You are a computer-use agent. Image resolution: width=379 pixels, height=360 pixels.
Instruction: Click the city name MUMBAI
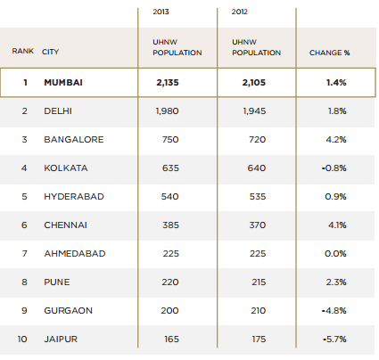(63, 83)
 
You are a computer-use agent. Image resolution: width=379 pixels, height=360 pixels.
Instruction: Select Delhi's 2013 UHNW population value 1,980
(168, 111)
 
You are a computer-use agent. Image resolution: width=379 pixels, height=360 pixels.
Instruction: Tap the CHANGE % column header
(329, 53)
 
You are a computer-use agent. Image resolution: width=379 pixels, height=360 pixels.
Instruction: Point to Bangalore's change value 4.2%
(336, 140)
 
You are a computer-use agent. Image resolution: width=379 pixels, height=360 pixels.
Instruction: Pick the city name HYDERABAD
(74, 197)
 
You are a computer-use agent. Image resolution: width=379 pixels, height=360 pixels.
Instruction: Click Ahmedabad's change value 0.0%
(336, 254)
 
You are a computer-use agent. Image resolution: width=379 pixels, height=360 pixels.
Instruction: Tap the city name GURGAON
(69, 311)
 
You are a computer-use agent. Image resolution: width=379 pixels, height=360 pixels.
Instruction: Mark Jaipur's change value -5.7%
(334, 340)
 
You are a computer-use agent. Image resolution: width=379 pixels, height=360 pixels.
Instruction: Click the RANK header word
(23, 53)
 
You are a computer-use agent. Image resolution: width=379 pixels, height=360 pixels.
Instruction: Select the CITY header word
(50, 53)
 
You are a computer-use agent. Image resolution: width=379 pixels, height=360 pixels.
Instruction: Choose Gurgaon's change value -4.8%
(334, 311)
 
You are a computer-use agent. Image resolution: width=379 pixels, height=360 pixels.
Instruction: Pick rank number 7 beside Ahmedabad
(25, 254)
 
